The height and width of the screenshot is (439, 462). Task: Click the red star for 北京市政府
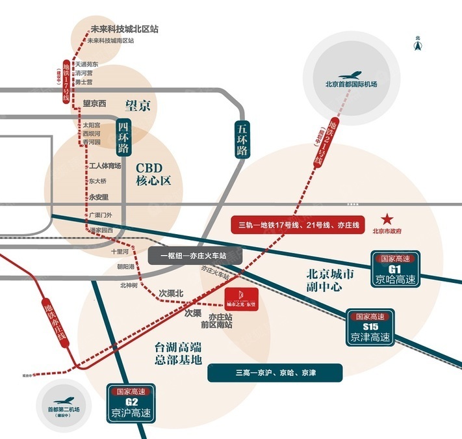tap(387, 219)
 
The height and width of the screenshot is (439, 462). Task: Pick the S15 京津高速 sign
tap(370, 328)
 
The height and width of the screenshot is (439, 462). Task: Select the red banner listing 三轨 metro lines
tap(294, 226)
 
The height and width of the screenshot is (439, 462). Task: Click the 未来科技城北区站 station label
tap(123, 29)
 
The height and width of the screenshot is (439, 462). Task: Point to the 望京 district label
tap(137, 105)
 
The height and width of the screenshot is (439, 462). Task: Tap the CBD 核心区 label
tap(153, 173)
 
